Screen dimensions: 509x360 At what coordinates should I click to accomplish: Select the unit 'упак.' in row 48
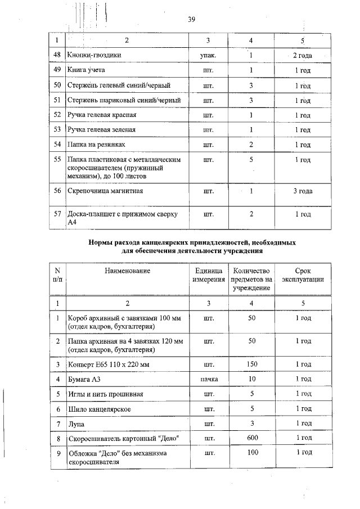coord(208,56)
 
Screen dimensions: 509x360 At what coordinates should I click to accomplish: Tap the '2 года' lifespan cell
coord(302,56)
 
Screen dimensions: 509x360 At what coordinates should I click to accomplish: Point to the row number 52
coord(57,115)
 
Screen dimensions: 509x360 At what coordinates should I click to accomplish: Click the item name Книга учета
coord(86,70)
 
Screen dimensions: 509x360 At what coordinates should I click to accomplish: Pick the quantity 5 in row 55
coord(251,160)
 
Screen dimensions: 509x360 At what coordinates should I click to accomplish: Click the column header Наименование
coord(127,271)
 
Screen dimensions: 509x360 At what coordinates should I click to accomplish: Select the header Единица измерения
coord(208,275)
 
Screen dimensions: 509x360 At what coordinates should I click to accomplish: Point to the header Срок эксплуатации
coord(302,275)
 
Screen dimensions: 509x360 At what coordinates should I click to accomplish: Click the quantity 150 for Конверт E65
coord(251,364)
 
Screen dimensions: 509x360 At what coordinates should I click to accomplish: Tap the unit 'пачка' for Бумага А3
coord(208,380)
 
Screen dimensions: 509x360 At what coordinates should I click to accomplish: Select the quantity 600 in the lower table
coord(251,438)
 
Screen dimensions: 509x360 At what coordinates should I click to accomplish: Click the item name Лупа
coord(76,423)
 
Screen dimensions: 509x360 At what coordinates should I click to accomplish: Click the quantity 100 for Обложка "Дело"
coord(251,452)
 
